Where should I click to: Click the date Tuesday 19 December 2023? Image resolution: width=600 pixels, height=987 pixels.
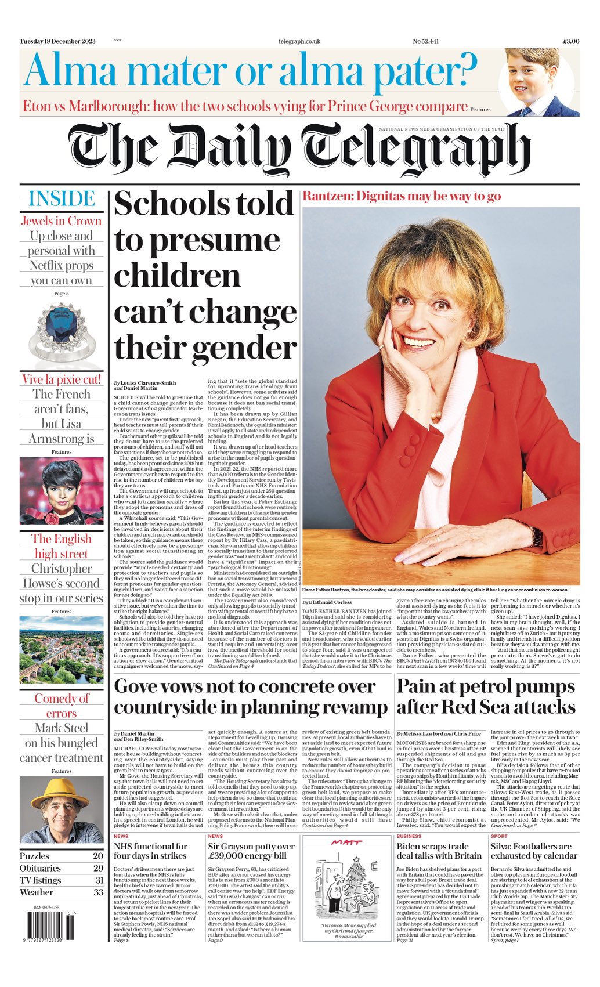click(x=57, y=41)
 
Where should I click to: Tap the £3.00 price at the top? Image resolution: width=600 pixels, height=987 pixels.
click(x=570, y=41)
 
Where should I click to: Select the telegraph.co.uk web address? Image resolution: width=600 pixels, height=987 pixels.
click(x=299, y=41)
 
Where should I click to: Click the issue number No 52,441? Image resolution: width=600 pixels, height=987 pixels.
click(x=425, y=41)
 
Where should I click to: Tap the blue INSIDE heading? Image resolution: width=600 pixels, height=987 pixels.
click(x=62, y=199)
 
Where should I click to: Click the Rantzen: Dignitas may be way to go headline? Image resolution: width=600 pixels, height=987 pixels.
click(x=402, y=196)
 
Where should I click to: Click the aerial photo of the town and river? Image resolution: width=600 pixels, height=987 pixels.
click(x=62, y=650)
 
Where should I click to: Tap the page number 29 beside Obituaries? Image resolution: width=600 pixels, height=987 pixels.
click(x=98, y=868)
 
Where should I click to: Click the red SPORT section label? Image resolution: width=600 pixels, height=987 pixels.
click(x=498, y=836)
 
